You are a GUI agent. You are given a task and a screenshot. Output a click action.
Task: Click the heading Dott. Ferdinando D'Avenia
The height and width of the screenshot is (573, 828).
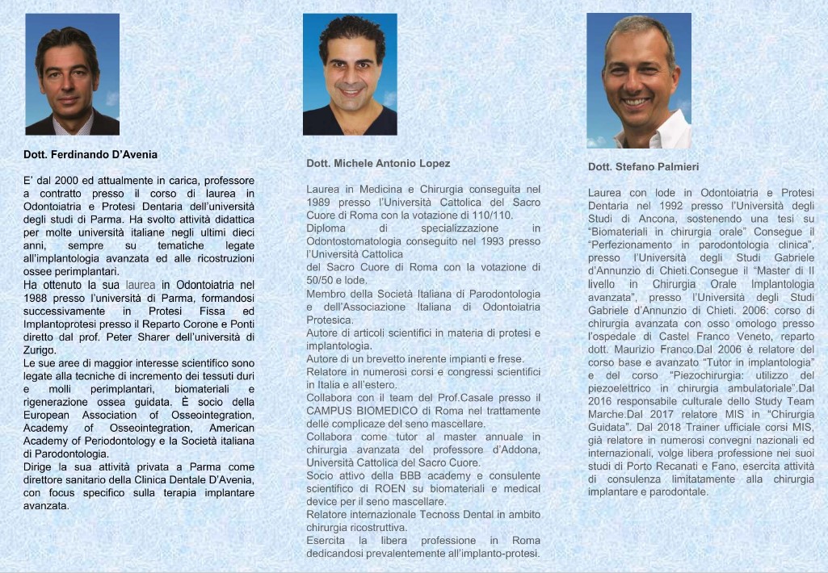click(90, 154)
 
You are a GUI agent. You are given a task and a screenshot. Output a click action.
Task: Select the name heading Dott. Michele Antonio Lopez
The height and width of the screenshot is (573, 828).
click(378, 163)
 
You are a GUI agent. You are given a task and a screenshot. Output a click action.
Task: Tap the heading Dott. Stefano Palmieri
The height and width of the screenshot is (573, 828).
click(644, 166)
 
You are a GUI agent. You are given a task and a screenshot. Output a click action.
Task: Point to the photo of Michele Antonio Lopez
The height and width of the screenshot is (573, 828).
click(350, 74)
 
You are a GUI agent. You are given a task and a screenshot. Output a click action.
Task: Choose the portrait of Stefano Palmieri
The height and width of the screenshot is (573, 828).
click(638, 80)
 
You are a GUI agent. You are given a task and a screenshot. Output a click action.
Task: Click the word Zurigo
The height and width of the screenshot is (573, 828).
click(39, 350)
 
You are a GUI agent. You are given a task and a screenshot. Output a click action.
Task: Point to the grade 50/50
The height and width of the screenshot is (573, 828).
click(322, 280)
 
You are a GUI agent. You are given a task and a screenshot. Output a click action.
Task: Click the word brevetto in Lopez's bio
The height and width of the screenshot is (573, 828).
click(393, 358)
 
